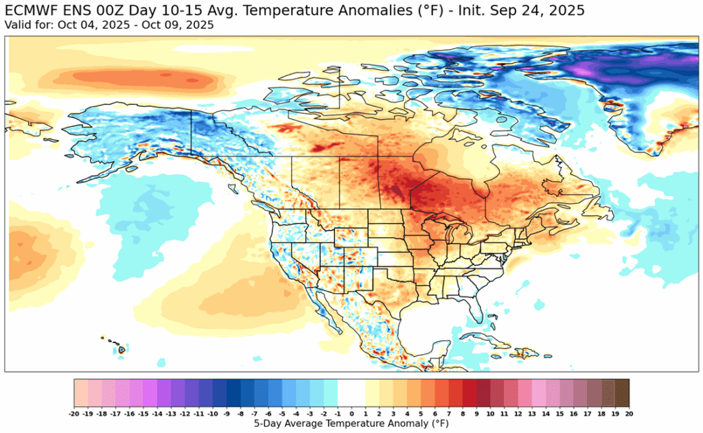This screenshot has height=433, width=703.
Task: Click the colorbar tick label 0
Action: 351,414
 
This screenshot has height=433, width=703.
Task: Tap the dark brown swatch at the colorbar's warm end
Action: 621,393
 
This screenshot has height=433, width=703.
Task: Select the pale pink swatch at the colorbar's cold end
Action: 81,393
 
